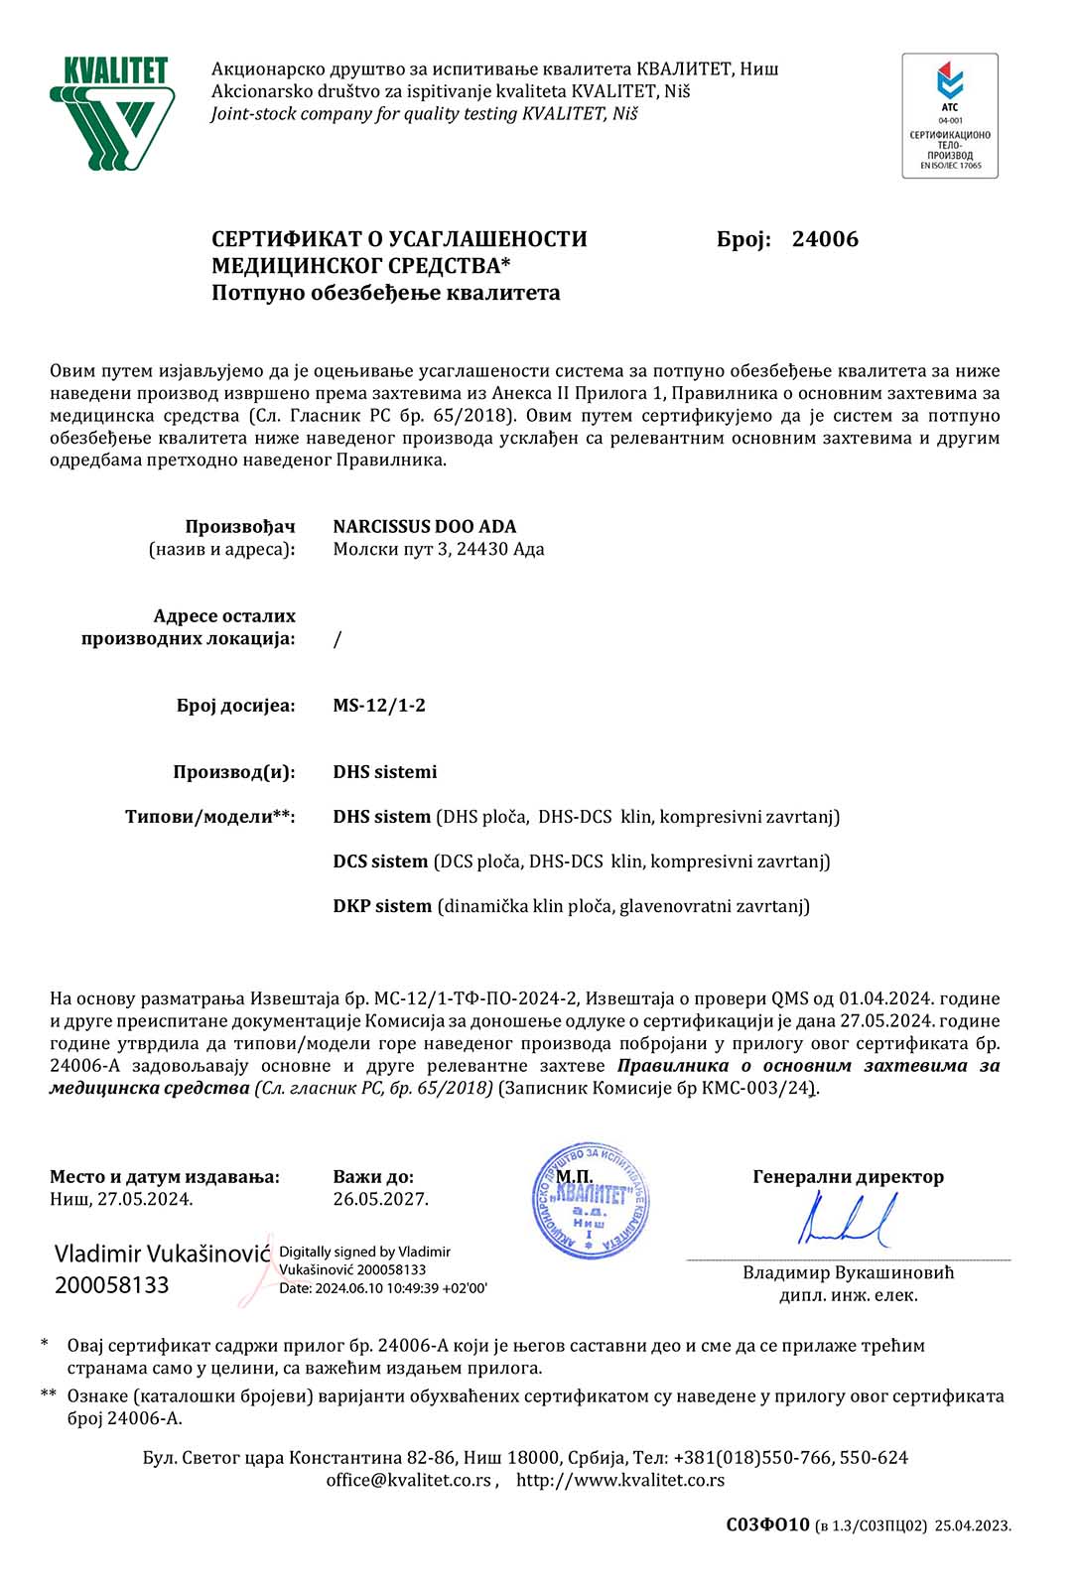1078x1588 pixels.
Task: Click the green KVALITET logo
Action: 112,113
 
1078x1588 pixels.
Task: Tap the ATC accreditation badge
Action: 949,116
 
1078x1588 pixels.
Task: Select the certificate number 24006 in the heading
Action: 825,239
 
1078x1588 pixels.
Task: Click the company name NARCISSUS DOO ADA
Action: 424,526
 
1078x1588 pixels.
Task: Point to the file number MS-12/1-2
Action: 379,706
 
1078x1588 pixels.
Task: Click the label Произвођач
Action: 240,526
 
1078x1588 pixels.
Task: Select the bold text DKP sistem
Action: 382,906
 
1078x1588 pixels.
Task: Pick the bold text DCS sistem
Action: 380,861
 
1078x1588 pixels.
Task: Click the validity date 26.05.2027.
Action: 381,1199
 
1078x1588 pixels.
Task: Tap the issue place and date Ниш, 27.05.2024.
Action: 121,1199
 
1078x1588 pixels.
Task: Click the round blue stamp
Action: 591,1201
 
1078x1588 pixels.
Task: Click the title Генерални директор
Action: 848,1177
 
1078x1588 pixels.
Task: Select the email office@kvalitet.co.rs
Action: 409,1480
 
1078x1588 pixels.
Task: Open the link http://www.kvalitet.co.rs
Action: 620,1480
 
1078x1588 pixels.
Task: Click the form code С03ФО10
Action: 767,1525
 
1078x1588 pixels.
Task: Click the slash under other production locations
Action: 337,639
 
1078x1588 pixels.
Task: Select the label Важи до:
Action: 373,1177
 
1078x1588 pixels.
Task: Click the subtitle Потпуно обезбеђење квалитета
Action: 385,293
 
